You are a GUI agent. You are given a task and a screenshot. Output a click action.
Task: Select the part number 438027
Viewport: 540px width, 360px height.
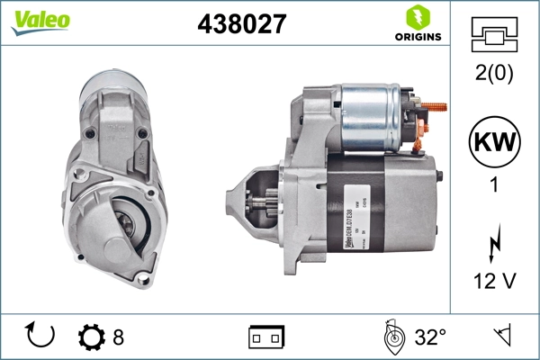(x=240, y=24)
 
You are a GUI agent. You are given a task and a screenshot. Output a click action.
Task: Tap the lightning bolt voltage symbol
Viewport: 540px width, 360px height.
(x=493, y=244)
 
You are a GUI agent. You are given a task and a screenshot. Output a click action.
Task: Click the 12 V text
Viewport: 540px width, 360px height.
(x=493, y=283)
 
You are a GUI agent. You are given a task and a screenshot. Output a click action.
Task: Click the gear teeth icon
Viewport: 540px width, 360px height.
(x=91, y=337)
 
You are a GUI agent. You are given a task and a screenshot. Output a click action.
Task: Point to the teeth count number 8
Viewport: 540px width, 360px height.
(x=118, y=337)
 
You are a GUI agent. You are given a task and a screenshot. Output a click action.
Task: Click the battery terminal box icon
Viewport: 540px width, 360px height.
(x=266, y=337)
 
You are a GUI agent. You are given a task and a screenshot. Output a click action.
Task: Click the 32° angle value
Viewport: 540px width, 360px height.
(x=430, y=337)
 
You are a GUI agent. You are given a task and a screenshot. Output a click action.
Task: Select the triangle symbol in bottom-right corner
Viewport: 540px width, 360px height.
(x=501, y=337)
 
